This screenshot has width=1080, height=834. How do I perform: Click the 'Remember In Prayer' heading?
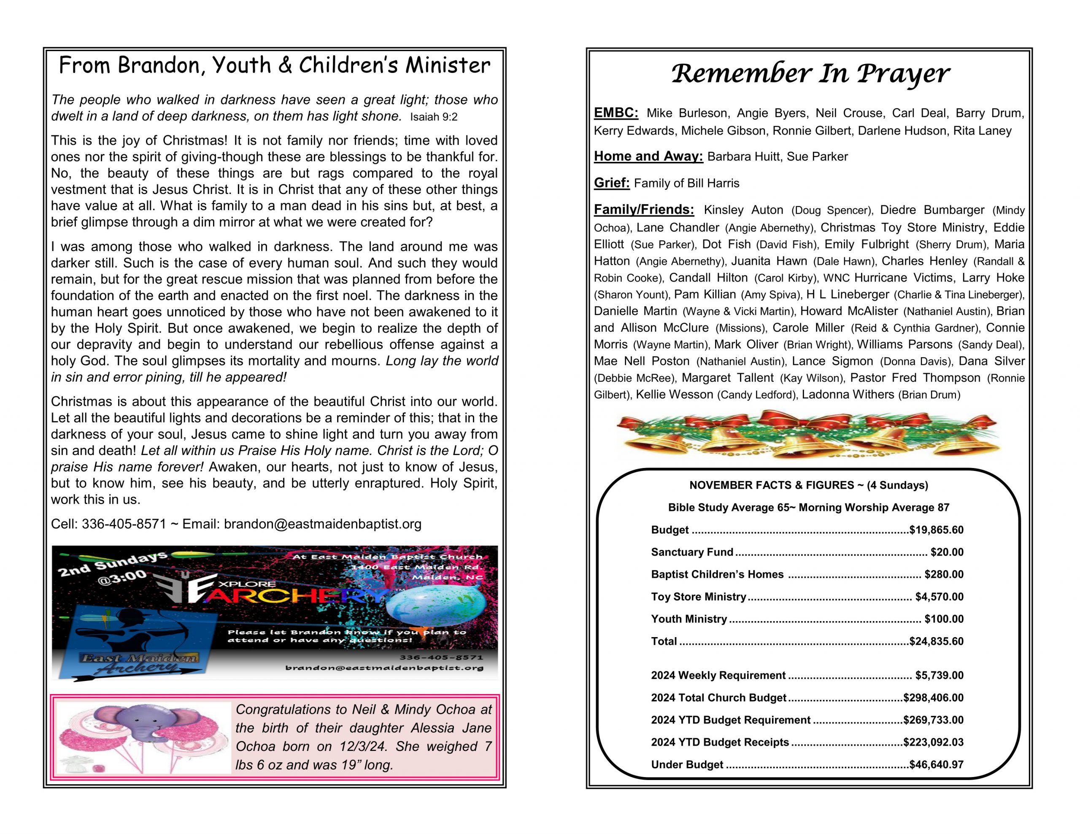810,74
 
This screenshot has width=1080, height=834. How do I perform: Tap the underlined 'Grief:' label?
612,183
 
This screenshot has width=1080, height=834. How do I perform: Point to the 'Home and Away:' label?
648,156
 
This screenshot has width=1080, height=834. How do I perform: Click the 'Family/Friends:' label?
644,210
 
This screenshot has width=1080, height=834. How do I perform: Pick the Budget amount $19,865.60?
936,530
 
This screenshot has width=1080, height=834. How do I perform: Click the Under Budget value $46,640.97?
936,764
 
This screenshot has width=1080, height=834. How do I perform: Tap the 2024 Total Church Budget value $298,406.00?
933,697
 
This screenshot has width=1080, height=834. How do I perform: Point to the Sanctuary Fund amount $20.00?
947,552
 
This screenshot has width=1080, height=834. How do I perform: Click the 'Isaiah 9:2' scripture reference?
434,117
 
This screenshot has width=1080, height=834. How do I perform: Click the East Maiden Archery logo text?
140,663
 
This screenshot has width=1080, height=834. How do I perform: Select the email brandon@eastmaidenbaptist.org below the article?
322,524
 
